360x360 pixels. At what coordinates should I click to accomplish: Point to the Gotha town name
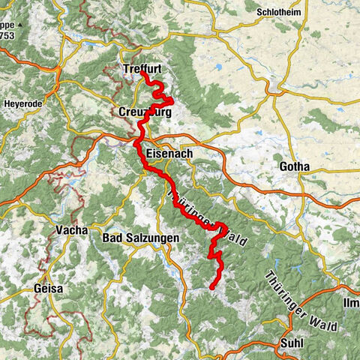[x=293, y=166]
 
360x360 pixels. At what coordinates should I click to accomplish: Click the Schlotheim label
[x=279, y=13]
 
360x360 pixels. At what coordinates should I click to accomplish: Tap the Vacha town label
[x=71, y=230]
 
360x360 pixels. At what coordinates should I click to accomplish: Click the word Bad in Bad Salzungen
[x=113, y=238]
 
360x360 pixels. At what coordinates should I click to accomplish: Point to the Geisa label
[x=48, y=288]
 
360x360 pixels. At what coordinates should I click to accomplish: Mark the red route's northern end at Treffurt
[x=142, y=73]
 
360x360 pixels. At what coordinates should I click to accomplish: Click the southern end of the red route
[x=212, y=286]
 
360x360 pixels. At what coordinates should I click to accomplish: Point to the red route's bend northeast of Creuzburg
[x=172, y=100]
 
